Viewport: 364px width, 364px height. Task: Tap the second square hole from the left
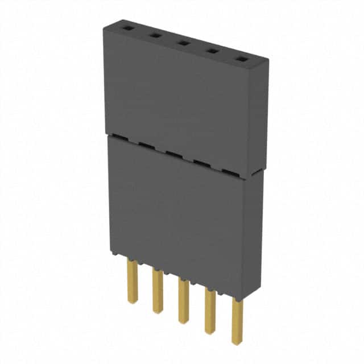point(154,34)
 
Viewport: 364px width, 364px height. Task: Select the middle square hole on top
point(183,42)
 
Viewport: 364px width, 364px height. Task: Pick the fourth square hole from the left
point(212,51)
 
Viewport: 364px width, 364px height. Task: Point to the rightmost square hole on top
point(241,59)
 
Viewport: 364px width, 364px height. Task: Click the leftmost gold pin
point(133,281)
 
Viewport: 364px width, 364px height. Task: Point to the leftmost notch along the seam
point(116,136)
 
